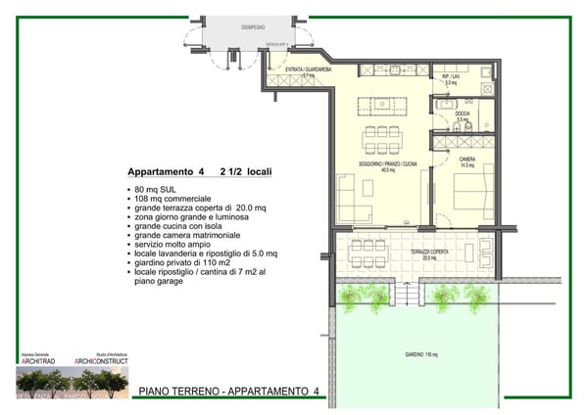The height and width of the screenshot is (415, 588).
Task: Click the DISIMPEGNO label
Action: pyautogui.click(x=254, y=27)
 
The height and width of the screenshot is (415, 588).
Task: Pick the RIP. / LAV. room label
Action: pyautogui.click(x=452, y=79)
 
